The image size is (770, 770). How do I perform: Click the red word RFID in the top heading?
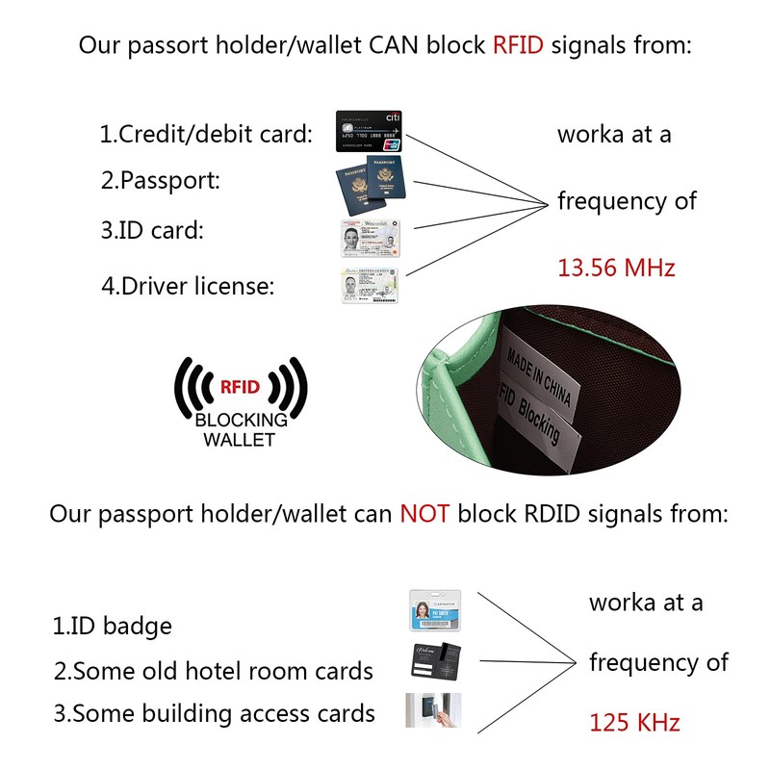(519, 44)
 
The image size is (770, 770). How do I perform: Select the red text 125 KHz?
(634, 722)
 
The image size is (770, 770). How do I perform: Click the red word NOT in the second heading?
(424, 513)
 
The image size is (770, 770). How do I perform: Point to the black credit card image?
(369, 132)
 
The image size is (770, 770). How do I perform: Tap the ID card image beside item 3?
(369, 237)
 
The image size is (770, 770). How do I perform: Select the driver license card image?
(369, 285)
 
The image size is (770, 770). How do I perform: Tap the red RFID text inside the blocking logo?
(240, 388)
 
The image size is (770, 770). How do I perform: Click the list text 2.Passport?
(161, 180)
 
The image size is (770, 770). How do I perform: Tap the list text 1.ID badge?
(112, 626)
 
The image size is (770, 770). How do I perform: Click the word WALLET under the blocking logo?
(240, 439)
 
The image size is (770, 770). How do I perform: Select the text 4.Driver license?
(188, 286)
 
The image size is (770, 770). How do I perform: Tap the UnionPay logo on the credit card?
(391, 145)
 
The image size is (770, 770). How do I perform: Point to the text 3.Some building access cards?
(214, 713)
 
